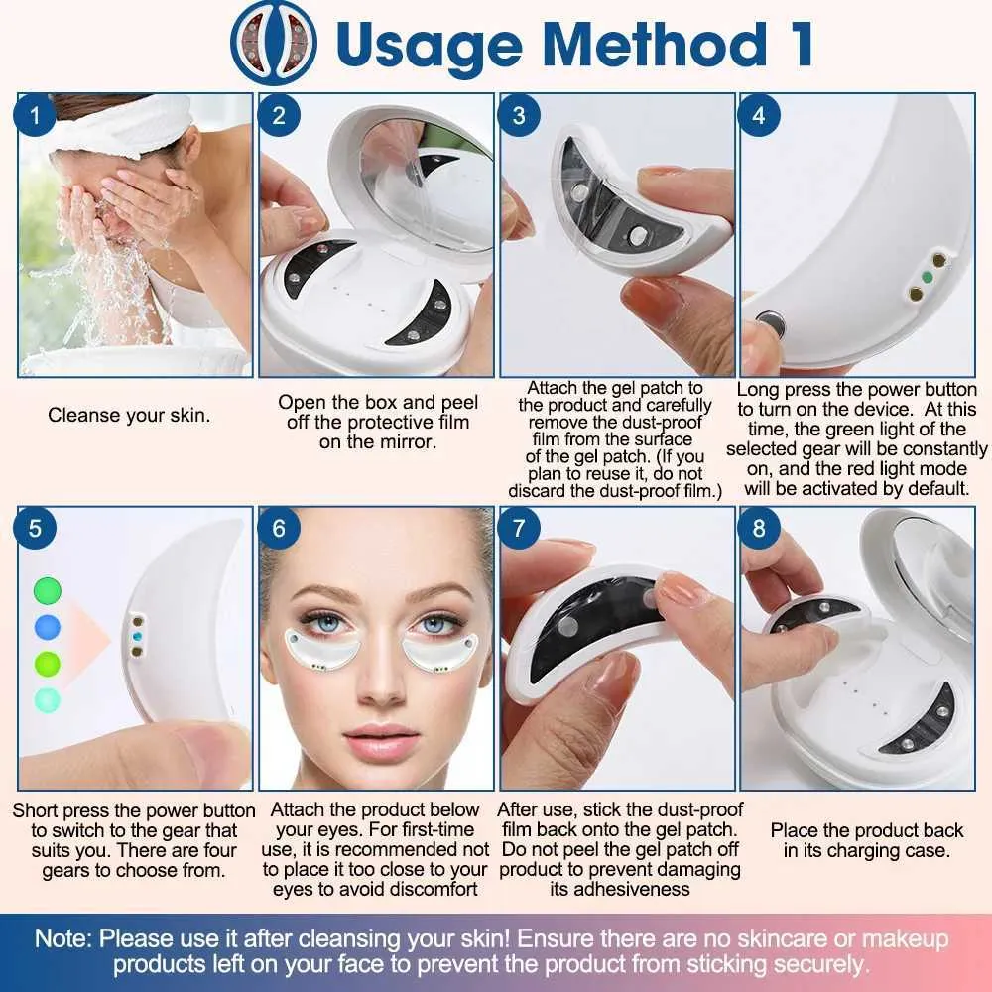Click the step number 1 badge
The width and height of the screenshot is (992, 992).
35,115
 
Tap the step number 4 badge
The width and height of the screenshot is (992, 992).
759,115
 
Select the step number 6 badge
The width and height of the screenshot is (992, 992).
279,528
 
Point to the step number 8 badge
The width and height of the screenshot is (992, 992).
759,528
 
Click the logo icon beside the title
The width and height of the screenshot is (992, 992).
274,43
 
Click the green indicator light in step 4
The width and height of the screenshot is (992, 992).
928,277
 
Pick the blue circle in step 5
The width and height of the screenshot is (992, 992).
48,627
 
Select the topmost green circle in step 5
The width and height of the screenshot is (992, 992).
48,591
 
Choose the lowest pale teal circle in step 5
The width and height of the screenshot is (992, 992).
48,699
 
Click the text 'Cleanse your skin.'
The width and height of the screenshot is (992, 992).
129,415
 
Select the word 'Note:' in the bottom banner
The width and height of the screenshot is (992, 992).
63,938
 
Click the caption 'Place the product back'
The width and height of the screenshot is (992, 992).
867,830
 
